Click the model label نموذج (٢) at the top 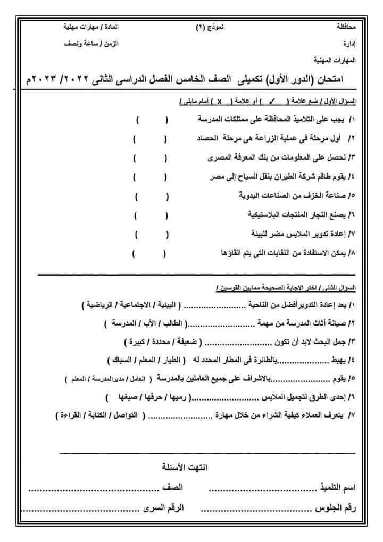coord(207,26)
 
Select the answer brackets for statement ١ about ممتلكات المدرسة coord(152,121)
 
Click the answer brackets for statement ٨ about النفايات coord(149,253)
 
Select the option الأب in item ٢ coord(147,323)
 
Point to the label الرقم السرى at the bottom coord(163,508)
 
